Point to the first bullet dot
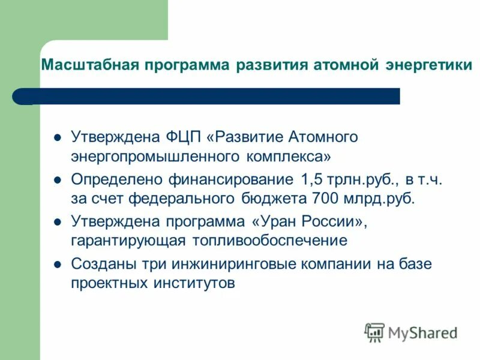58,137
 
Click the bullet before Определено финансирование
58,179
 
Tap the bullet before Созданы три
58,263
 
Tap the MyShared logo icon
374,332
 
